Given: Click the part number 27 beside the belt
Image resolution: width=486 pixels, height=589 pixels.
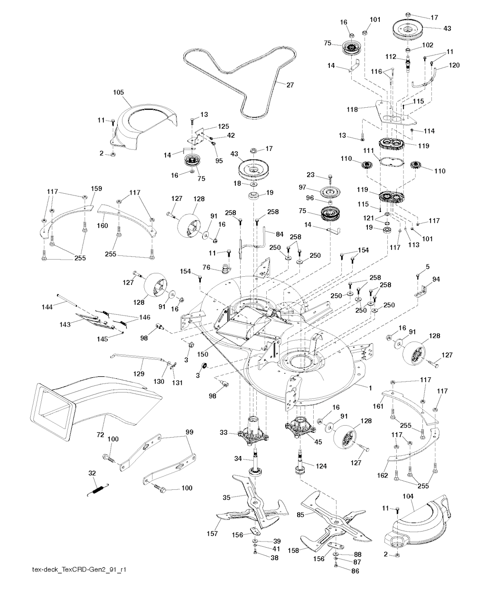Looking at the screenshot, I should [290, 85].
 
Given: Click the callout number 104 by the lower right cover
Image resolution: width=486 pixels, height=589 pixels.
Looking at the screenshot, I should [408, 496].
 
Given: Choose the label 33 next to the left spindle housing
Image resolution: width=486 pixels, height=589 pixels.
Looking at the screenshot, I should [224, 432].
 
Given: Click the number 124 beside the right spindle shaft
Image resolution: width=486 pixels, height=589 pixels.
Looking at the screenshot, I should [321, 466].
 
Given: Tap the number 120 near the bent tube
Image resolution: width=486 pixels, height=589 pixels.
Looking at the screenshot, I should [454, 66].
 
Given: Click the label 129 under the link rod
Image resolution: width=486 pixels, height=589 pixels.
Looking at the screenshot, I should [138, 374].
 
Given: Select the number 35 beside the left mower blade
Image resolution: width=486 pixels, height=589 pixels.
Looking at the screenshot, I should [227, 497].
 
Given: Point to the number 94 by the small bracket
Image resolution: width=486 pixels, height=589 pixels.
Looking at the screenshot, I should [436, 279].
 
